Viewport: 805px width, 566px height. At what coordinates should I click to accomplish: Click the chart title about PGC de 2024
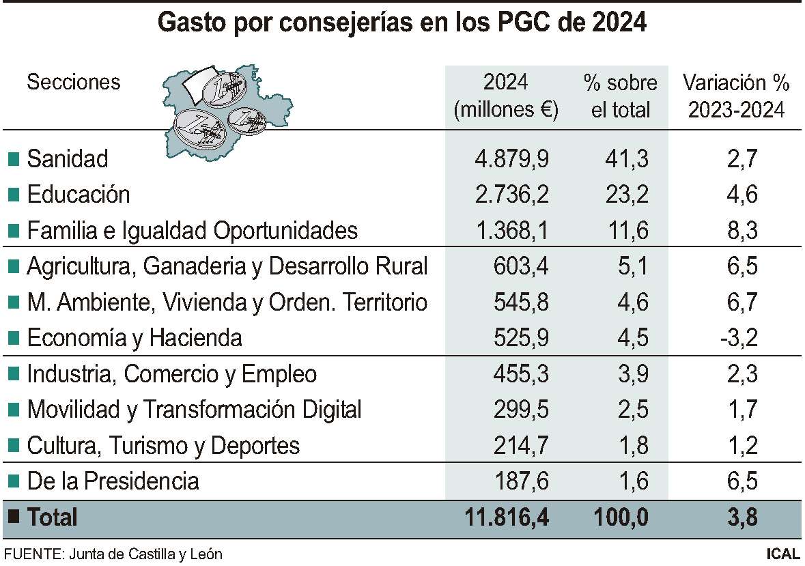tap(402, 23)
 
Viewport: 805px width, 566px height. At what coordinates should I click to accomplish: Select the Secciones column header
tap(73, 83)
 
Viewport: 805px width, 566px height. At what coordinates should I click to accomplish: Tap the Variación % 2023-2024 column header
tap(736, 96)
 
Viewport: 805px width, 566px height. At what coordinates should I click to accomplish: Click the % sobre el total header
tap(620, 96)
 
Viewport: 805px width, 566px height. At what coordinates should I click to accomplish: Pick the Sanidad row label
tap(68, 159)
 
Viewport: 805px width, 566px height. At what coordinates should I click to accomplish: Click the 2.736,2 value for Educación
tap(511, 195)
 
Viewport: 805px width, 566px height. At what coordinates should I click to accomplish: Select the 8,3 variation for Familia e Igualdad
tap(742, 231)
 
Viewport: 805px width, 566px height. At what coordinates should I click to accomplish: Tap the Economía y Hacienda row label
tap(135, 338)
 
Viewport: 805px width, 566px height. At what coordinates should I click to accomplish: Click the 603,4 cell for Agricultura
tap(521, 266)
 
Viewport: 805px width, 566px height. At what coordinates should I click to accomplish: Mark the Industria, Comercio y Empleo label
tap(172, 374)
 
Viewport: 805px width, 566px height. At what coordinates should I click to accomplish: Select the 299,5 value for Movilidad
tap(521, 410)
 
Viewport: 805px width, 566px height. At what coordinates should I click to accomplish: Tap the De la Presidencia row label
tap(113, 481)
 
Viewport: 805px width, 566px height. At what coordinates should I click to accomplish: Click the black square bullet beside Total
tap(12, 517)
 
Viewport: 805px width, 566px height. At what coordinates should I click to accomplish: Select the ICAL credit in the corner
tap(782, 554)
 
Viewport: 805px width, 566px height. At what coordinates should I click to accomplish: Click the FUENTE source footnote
tap(113, 554)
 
